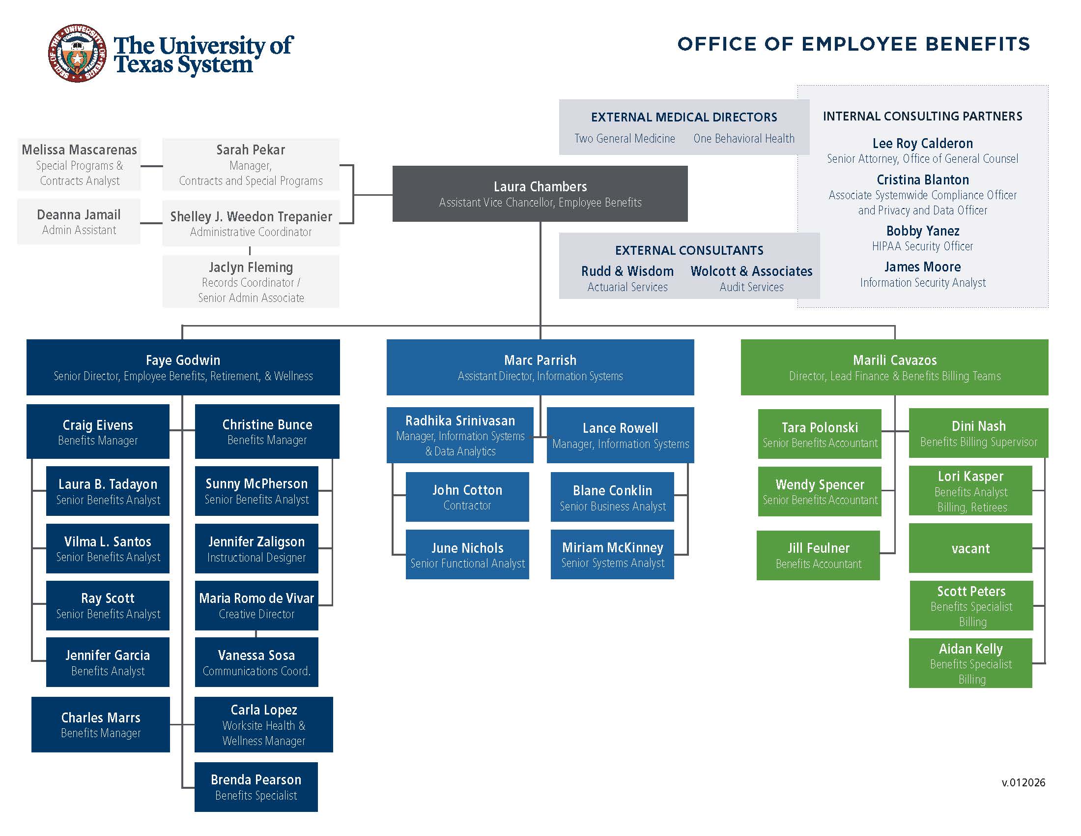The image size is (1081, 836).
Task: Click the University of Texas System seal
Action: point(77,54)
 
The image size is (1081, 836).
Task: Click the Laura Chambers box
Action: point(540,194)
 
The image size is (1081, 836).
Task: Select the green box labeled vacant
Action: point(970,548)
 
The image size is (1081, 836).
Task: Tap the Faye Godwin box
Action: point(183,367)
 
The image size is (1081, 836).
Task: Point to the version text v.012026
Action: point(1023,782)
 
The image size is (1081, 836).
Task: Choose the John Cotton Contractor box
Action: point(467,497)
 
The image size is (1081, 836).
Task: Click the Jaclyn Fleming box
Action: point(251,281)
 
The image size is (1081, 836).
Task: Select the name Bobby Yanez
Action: point(922,231)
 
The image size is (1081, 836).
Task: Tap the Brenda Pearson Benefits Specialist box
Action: point(256,786)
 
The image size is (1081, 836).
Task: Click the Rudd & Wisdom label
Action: point(627,271)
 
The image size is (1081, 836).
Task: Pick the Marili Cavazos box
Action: point(894,367)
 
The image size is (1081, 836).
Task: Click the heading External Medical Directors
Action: point(683,118)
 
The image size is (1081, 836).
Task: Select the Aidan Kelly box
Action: point(970,663)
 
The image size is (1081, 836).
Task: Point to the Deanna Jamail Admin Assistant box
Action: point(79,221)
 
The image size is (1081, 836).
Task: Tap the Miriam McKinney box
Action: point(612,554)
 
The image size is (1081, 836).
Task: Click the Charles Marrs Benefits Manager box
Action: point(100,724)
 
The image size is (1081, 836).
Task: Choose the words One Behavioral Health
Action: point(743,139)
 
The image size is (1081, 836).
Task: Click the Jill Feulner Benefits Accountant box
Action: point(818,555)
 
